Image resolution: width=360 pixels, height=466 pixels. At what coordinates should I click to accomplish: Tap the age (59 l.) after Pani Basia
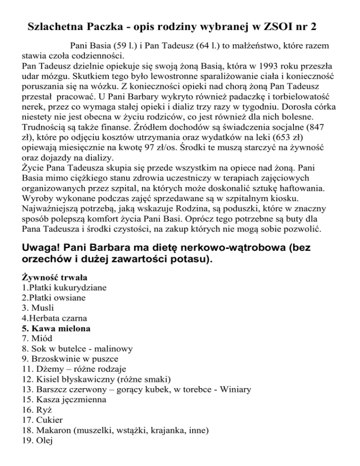[x=122, y=48]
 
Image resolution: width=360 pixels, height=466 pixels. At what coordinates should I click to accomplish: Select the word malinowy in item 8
[x=112, y=349]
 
